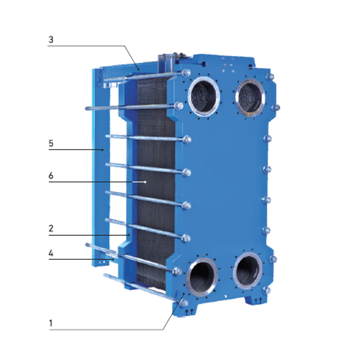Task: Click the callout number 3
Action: point(51,40)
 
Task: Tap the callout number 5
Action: point(51,143)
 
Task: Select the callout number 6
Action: point(51,176)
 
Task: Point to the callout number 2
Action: point(51,228)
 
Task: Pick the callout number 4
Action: point(51,253)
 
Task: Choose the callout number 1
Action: point(51,323)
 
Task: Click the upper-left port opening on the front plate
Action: point(203,97)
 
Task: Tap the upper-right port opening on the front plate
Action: point(250,97)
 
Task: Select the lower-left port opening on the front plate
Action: point(202,277)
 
